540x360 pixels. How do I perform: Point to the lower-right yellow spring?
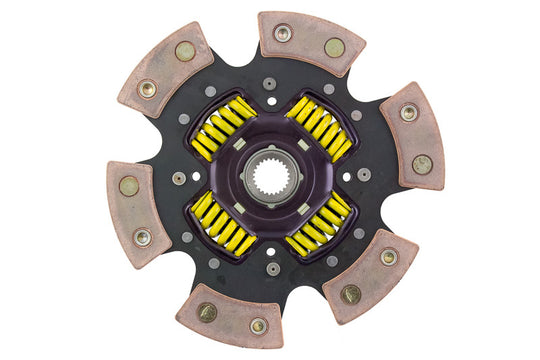[320, 228]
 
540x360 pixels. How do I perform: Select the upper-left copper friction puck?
[164, 74]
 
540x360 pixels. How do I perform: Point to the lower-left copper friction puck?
[133, 209]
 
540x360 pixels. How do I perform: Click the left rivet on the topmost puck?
[283, 33]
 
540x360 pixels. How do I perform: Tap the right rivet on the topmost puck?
[334, 47]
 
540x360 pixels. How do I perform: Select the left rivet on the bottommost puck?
[207, 312]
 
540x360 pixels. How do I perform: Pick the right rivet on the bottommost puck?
[259, 325]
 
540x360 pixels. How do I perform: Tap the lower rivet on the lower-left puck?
[142, 237]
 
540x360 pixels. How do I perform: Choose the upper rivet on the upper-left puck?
[185, 51]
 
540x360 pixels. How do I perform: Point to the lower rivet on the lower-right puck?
[351, 294]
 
